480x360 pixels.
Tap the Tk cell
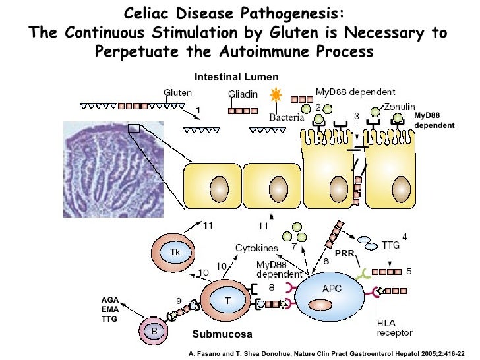(174, 253)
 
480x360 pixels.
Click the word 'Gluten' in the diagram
(177, 93)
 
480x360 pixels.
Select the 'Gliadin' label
(243, 94)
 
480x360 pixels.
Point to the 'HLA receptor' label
(395, 328)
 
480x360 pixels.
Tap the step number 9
(179, 301)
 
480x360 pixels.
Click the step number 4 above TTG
(404, 236)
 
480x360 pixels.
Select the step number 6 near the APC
(325, 261)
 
